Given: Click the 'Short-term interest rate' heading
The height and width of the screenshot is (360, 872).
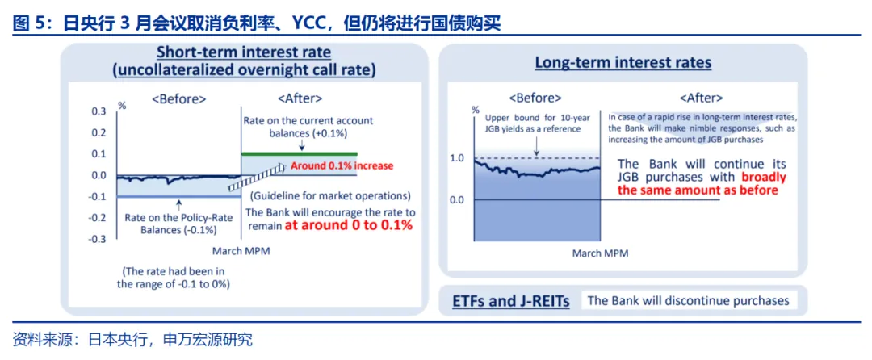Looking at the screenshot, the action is pyautogui.click(x=244, y=52).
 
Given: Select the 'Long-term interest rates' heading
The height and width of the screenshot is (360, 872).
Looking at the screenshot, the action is pyautogui.click(x=623, y=63).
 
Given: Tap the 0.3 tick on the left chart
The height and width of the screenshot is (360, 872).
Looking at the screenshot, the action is pyautogui.click(x=99, y=111).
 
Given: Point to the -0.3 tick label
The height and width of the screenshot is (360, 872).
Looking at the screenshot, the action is pyautogui.click(x=97, y=239).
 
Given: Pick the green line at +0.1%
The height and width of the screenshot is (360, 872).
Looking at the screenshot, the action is pyautogui.click(x=299, y=153).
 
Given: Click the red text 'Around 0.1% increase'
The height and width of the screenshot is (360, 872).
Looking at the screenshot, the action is pyautogui.click(x=342, y=165).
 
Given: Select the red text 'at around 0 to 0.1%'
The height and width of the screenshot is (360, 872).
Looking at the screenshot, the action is pyautogui.click(x=349, y=225).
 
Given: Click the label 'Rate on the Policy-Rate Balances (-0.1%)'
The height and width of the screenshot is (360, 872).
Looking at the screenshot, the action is pyautogui.click(x=170, y=224).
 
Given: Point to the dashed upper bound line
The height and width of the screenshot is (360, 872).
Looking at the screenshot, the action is pyautogui.click(x=537, y=158).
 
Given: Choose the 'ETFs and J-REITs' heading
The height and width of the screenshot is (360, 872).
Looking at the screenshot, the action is pyautogui.click(x=511, y=302).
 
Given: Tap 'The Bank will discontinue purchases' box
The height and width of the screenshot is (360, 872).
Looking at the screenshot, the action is pyautogui.click(x=689, y=300).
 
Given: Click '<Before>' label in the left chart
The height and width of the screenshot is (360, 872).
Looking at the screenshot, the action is pyautogui.click(x=179, y=99).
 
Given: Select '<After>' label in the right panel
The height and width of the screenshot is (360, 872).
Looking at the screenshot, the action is pyautogui.click(x=702, y=98).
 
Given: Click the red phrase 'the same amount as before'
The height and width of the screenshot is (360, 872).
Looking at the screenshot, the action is pyautogui.click(x=698, y=190).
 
